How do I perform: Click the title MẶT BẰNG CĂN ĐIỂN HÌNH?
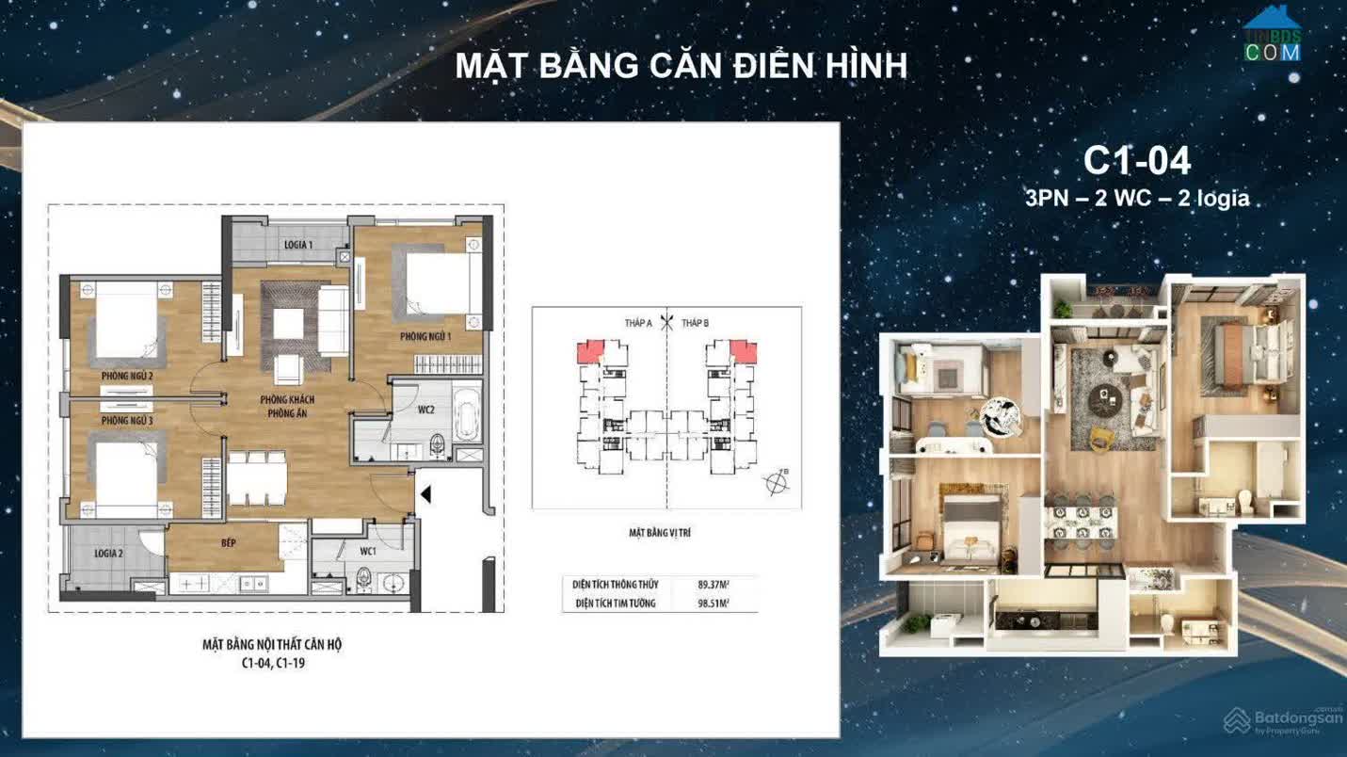pyautogui.click(x=681, y=66)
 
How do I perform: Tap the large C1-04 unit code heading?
pyautogui.click(x=1137, y=161)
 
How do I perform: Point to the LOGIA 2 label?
pyautogui.click(x=108, y=554)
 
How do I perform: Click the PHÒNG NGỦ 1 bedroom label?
pyautogui.click(x=425, y=336)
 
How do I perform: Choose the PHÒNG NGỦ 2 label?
pyautogui.click(x=127, y=377)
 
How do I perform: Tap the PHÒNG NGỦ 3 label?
pyautogui.click(x=127, y=420)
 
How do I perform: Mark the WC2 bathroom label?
pyautogui.click(x=425, y=410)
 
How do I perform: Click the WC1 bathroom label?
pyautogui.click(x=367, y=551)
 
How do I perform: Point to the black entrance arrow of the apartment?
pyautogui.click(x=425, y=493)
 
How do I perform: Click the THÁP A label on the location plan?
pyautogui.click(x=638, y=323)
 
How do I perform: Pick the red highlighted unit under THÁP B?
pyautogui.click(x=744, y=351)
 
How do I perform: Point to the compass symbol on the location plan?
pyautogui.click(x=778, y=484)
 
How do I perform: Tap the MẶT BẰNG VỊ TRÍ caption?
pyautogui.click(x=660, y=533)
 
